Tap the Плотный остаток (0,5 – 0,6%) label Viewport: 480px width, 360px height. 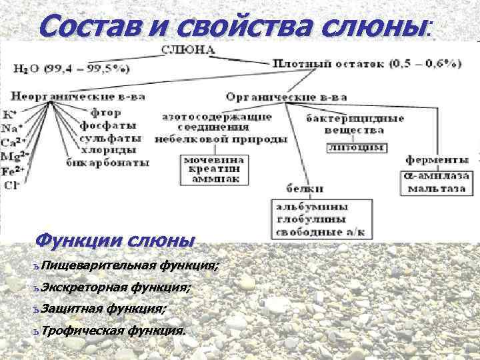pos(367,64)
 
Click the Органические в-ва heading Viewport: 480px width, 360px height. pos(287,97)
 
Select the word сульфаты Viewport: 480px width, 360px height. pos(110,139)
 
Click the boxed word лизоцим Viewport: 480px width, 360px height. pos(356,147)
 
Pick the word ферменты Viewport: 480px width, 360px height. pos(437,160)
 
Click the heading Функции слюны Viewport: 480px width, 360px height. pos(114,240)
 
